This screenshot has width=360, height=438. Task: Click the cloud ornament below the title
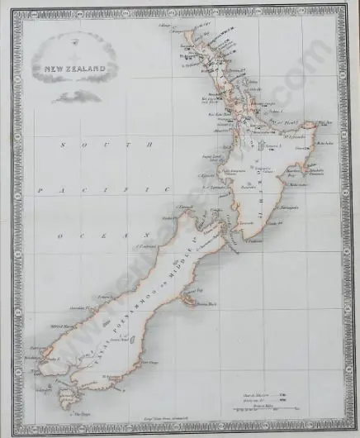point(77,97)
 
